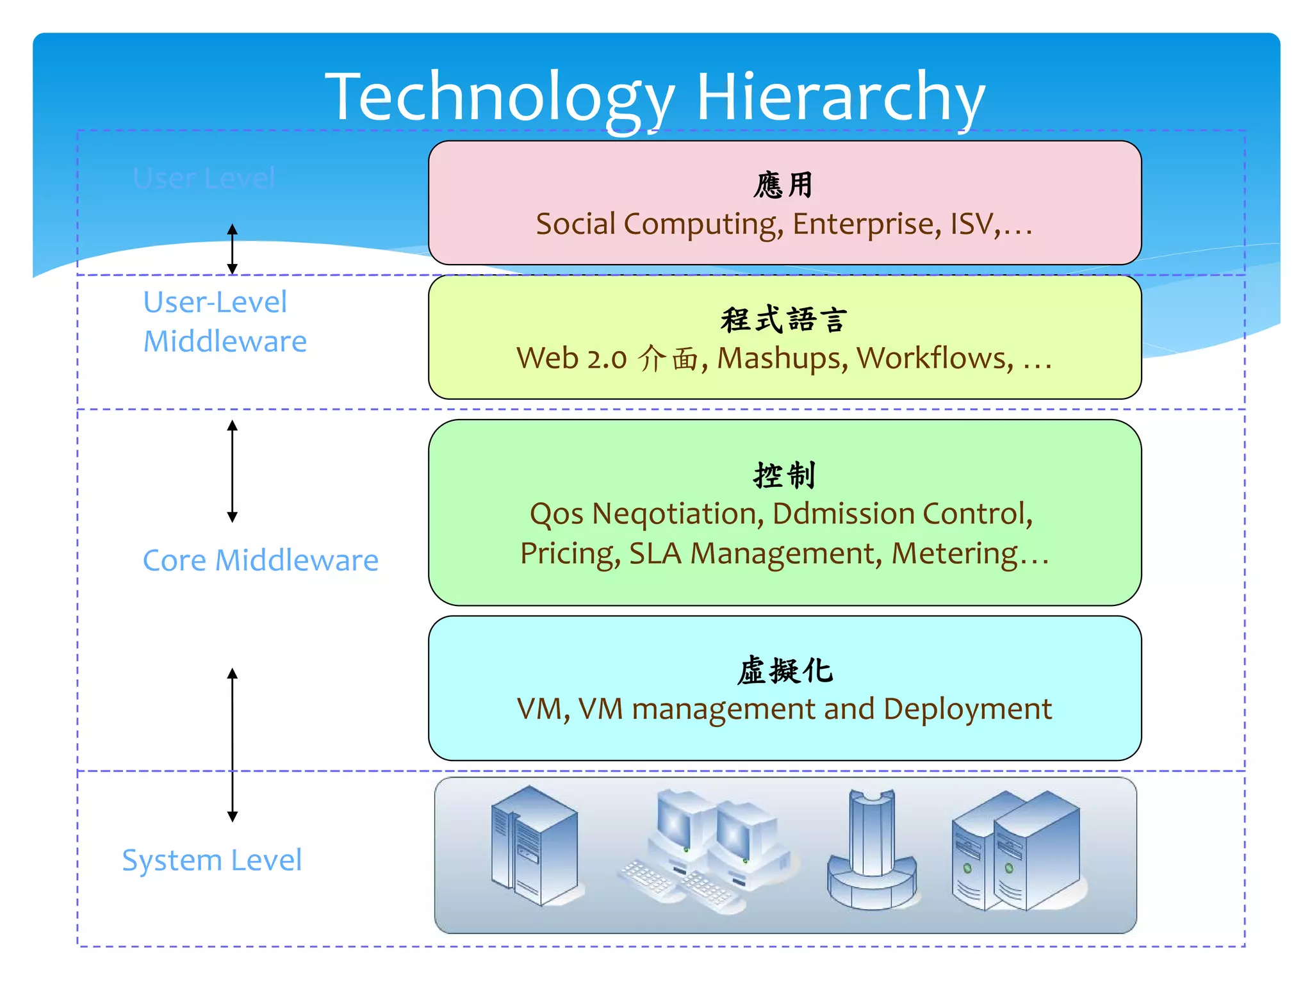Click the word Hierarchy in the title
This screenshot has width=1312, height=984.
(x=840, y=97)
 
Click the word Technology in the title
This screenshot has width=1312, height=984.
(x=500, y=97)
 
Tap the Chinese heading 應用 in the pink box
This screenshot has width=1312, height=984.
(x=783, y=186)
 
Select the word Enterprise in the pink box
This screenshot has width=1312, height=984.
(x=866, y=224)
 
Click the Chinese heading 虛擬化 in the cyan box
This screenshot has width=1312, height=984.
(x=784, y=671)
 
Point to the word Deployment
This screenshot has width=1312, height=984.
(x=967, y=709)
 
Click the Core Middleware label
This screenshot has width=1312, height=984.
(x=260, y=561)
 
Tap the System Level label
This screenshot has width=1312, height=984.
(x=211, y=860)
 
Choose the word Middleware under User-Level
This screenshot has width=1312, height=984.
(x=225, y=341)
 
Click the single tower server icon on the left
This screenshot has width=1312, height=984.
(x=535, y=846)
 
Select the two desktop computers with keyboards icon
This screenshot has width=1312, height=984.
(x=705, y=849)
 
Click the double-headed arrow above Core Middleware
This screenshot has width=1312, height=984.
(x=233, y=471)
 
